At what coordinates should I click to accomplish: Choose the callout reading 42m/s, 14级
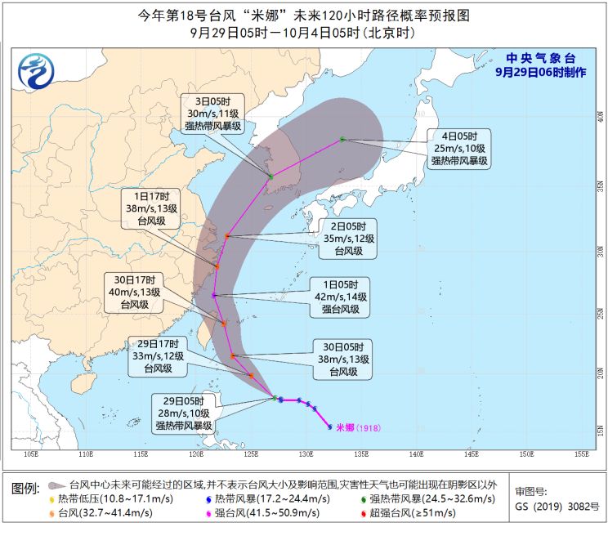click(339, 297)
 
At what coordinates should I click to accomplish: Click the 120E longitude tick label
click(195, 453)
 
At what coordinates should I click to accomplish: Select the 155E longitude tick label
click(581, 453)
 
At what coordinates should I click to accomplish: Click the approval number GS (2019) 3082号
click(557, 507)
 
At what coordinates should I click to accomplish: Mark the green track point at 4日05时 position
click(343, 140)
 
